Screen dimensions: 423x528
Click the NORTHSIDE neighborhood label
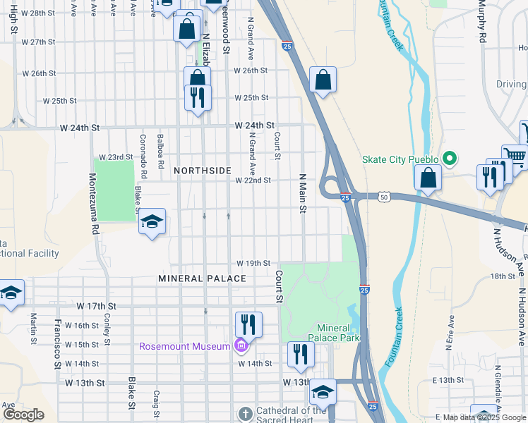(x=203, y=171)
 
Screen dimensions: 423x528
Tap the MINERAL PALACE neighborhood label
(x=203, y=278)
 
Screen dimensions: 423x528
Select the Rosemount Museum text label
(x=185, y=346)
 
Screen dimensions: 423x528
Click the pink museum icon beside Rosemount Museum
(x=241, y=345)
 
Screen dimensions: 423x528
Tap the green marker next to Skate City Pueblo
(x=447, y=159)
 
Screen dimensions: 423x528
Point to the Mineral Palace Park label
(x=338, y=333)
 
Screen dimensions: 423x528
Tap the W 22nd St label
(x=253, y=180)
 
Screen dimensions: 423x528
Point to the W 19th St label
(x=253, y=263)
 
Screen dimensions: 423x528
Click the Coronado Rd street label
(x=143, y=156)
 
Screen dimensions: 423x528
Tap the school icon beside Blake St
(x=152, y=223)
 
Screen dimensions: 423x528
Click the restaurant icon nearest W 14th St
(x=301, y=355)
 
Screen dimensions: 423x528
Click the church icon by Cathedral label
(x=245, y=415)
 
